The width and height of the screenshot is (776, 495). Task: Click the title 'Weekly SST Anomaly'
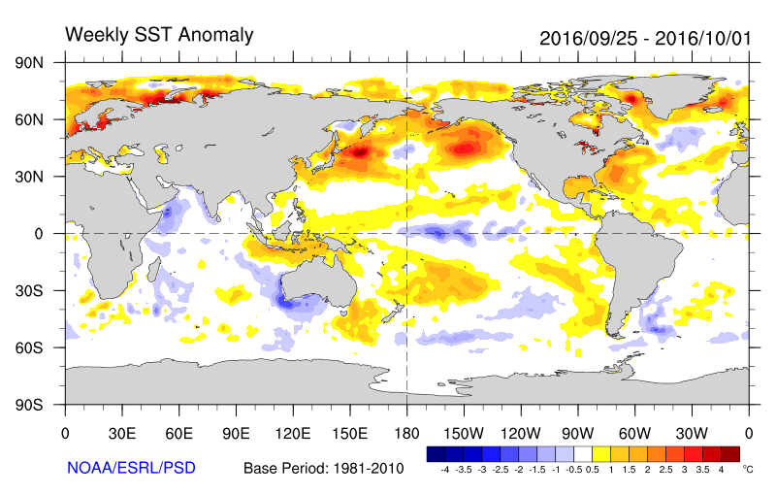click(159, 36)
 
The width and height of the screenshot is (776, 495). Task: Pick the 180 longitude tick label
click(405, 433)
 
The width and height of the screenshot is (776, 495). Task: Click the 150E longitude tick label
click(349, 433)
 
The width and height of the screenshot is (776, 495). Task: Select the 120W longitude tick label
click(520, 433)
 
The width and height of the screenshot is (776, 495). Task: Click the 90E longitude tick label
click(236, 433)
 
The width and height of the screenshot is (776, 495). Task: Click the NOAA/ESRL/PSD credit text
click(131, 468)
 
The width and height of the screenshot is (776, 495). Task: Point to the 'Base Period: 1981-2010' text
click(324, 468)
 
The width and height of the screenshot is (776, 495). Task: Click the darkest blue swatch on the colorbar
click(436, 453)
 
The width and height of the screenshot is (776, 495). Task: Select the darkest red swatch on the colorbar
click(729, 453)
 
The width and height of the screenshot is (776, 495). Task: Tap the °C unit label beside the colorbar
click(747, 468)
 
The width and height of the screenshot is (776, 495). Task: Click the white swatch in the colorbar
click(583, 453)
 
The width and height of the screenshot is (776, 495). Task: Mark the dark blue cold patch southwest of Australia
click(287, 302)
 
